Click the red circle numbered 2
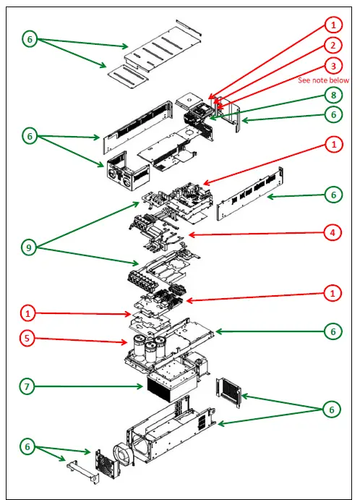pyautogui.click(x=333, y=46)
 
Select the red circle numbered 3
pyautogui.click(x=333, y=66)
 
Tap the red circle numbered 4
pyautogui.click(x=333, y=232)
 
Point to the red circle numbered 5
pyautogui.click(x=27, y=338)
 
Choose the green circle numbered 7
pyautogui.click(x=27, y=386)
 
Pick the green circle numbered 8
pyautogui.click(x=333, y=95)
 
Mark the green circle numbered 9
pyautogui.click(x=29, y=247)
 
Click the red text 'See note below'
pyautogui.click(x=323, y=80)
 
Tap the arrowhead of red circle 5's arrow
pyautogui.click(x=125, y=342)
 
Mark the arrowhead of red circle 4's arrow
pyautogui.click(x=191, y=235)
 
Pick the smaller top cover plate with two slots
pyautogui.click(x=129, y=77)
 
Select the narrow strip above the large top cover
pyautogui.click(x=189, y=27)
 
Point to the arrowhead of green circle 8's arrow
pyautogui.click(x=212, y=119)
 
